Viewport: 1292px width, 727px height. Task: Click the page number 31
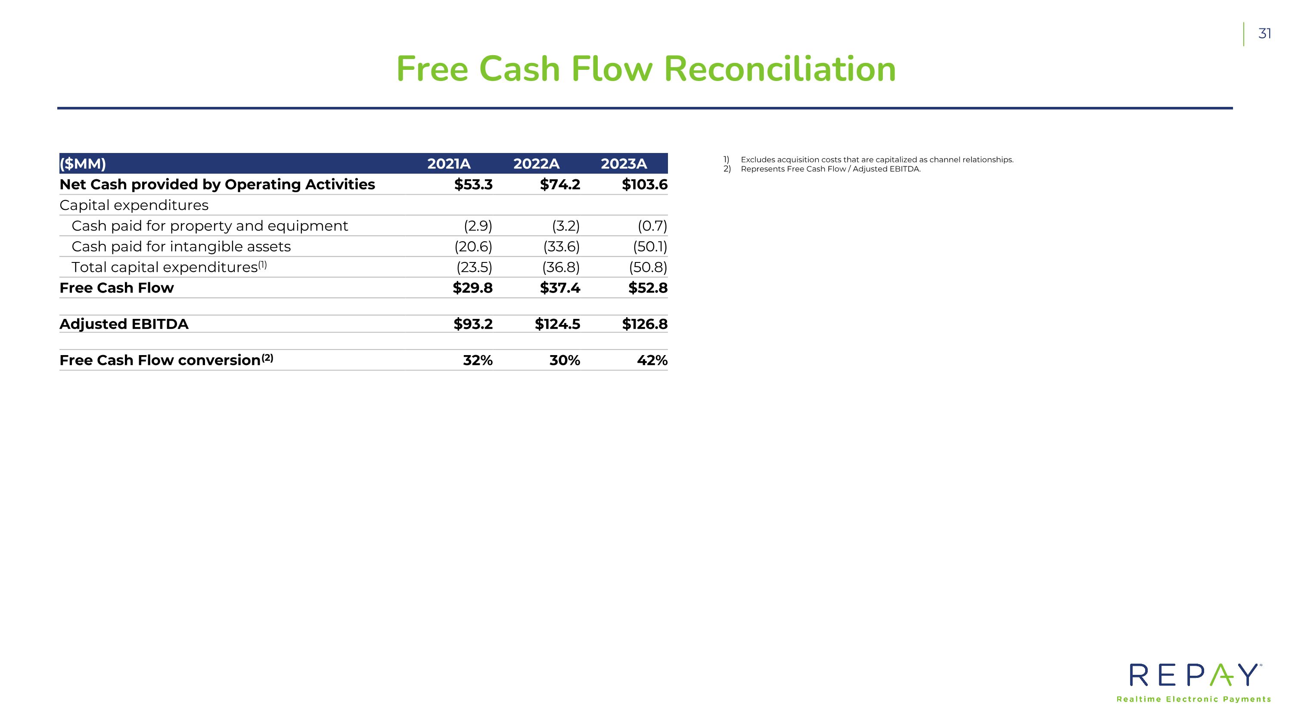(x=1264, y=34)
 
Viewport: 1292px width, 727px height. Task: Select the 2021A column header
(x=448, y=164)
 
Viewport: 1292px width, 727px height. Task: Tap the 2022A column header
(x=536, y=164)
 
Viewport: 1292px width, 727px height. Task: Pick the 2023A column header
(x=624, y=164)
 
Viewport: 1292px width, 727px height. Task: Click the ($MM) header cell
(x=83, y=164)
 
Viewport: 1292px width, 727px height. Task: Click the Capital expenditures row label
(x=134, y=205)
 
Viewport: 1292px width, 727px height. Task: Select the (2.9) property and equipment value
(x=478, y=226)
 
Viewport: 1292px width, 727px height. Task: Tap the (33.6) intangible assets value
(x=561, y=247)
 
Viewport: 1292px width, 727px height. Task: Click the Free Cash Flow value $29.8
(x=472, y=288)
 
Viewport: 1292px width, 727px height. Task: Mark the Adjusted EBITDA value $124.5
(x=557, y=324)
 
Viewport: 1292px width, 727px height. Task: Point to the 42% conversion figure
(x=652, y=360)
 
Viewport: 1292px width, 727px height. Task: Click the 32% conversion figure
(x=478, y=360)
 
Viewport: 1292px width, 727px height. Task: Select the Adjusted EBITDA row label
(x=124, y=324)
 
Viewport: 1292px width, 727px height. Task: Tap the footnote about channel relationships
(x=876, y=159)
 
